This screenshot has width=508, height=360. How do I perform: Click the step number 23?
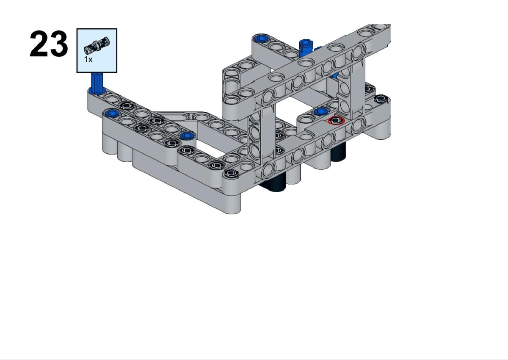point(49,44)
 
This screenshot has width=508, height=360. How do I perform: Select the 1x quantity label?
point(88,59)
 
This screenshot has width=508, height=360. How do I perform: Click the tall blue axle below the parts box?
point(97,83)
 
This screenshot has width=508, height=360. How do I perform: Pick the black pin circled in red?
point(336,120)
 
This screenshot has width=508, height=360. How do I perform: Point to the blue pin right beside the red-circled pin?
point(320,111)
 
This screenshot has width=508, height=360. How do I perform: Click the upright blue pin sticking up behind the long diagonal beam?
point(306,49)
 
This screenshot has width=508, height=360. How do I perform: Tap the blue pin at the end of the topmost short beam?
point(261,39)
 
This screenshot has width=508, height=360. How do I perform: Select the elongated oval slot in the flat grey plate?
point(180,116)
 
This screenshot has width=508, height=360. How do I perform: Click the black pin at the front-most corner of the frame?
point(231,174)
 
